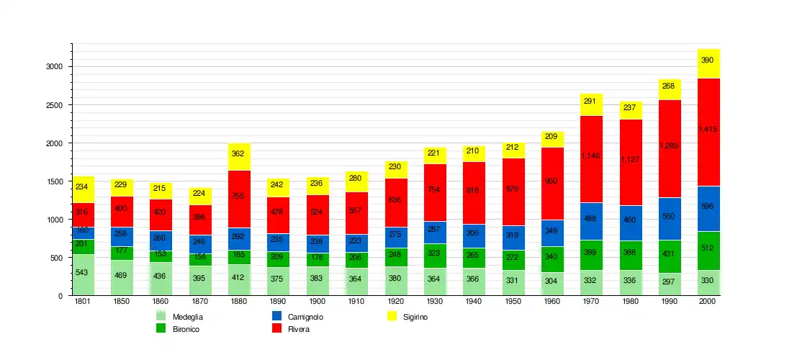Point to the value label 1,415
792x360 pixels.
(708, 130)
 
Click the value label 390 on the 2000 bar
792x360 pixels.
(708, 60)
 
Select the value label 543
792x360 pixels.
(81, 272)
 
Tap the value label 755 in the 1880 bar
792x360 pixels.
(238, 196)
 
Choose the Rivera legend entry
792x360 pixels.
(298, 329)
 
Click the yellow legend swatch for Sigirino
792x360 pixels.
(392, 316)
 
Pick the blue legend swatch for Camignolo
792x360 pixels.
(277, 316)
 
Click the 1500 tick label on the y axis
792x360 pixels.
(55, 181)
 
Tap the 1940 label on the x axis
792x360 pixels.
(474, 301)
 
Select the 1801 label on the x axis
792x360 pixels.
(83, 301)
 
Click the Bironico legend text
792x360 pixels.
(186, 329)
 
